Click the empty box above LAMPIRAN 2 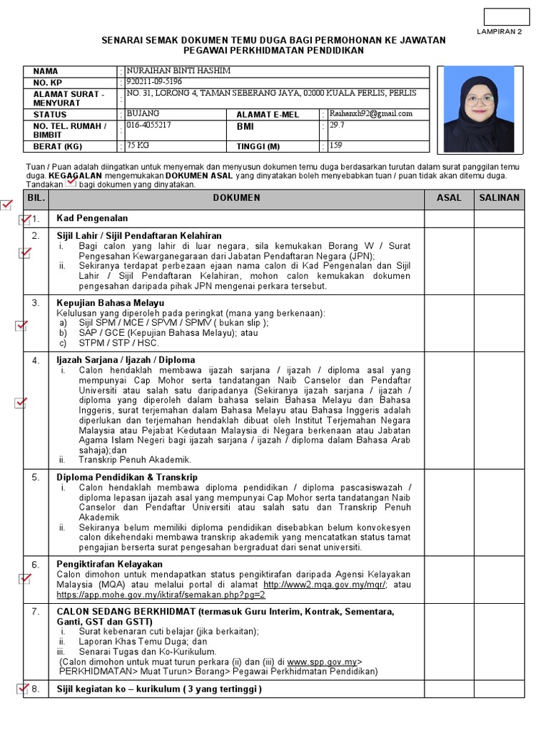coord(507,16)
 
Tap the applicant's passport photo coord(478,108)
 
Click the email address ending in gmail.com coord(370,113)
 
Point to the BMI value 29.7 coord(335,125)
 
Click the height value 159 coord(335,145)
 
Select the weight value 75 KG coord(138,145)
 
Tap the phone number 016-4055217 coord(150,125)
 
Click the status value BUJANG coord(143,113)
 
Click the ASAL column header coord(449,198)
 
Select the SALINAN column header coord(499,198)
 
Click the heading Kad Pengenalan coord(92,218)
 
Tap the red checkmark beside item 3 coord(21,326)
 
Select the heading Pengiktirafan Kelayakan coord(109,564)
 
